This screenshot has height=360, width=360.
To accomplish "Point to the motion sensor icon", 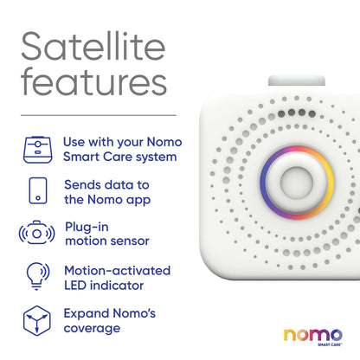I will click(35, 234).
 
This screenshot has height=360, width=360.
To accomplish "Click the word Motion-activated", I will click(117, 270).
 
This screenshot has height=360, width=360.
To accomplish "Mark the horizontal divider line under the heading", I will click(97, 115).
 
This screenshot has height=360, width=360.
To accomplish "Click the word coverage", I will click(93, 329).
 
